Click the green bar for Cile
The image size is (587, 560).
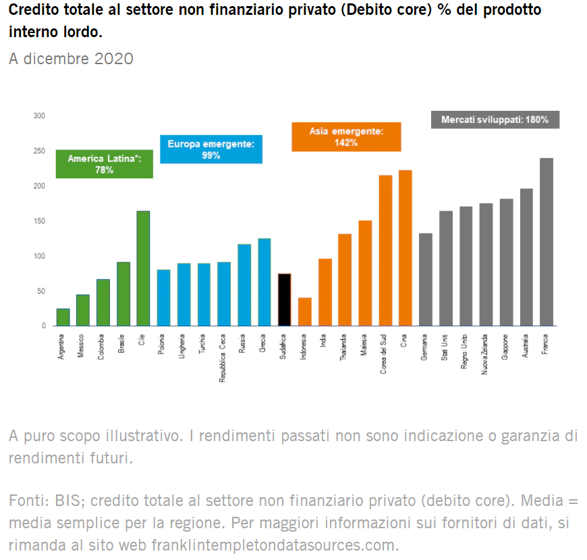click(143, 268)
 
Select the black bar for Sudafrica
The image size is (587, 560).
click(285, 299)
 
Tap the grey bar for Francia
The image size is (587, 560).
click(547, 242)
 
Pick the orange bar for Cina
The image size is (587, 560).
click(406, 248)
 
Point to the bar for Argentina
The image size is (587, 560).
click(63, 317)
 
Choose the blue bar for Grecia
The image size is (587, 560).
click(264, 282)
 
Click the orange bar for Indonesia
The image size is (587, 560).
click(305, 311)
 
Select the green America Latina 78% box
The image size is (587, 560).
click(105, 164)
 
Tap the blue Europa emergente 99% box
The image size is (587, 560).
click(211, 149)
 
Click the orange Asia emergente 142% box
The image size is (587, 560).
click(346, 136)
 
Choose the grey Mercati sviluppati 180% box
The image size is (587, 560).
click(495, 120)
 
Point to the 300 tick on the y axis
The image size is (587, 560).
click(39, 116)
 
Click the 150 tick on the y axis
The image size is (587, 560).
click(39, 221)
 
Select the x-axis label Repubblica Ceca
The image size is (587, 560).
click(224, 359)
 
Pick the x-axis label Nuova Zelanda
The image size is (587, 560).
click(485, 355)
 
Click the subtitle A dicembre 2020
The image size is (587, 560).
click(71, 59)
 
